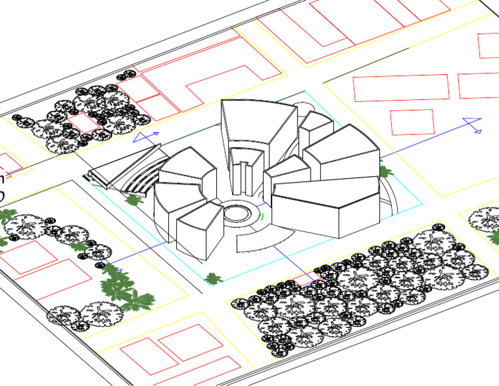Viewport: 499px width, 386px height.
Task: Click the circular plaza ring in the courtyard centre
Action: (x=240, y=213)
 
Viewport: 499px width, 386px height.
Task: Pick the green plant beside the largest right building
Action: (x=386, y=172)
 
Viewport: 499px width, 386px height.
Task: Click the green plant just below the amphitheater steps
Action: (x=134, y=199)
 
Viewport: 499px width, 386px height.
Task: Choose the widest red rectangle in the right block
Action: (x=400, y=88)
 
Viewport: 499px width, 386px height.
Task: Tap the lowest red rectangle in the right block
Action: (x=412, y=122)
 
